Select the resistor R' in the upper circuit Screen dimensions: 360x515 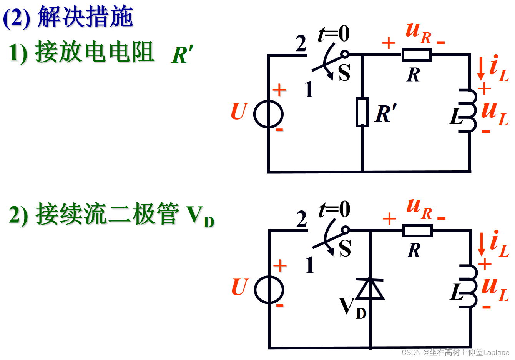click(x=362, y=112)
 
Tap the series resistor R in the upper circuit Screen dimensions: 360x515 click(x=417, y=55)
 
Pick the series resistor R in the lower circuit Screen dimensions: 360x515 click(x=417, y=231)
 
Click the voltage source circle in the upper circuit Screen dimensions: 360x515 click(x=268, y=114)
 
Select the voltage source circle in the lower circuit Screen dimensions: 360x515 click(x=269, y=290)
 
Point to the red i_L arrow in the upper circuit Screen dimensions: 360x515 click(x=480, y=68)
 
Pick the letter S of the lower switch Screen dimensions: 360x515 click(x=345, y=248)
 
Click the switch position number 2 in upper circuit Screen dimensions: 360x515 click(x=301, y=44)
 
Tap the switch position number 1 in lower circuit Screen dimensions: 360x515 click(x=309, y=265)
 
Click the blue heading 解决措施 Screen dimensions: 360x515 click(x=85, y=17)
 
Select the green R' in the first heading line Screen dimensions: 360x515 click(x=182, y=55)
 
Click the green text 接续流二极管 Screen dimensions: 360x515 click(x=107, y=215)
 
